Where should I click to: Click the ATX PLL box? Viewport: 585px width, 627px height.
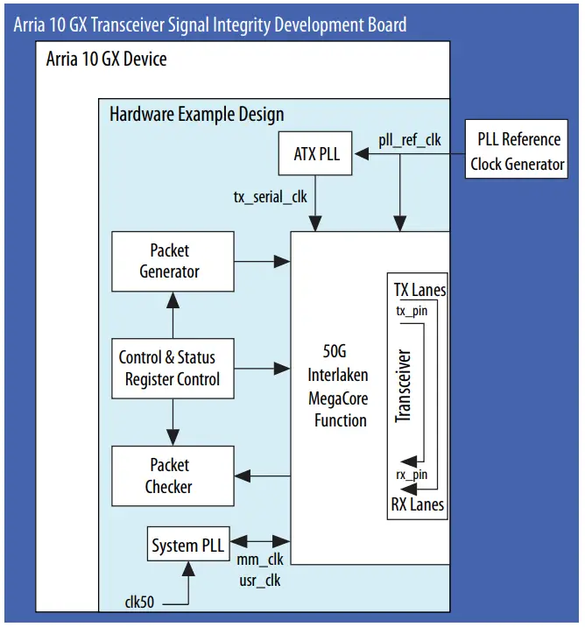316,155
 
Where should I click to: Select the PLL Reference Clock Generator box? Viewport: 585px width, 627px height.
517,151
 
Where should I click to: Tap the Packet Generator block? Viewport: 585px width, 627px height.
173,261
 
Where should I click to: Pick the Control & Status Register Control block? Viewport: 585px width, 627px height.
173,369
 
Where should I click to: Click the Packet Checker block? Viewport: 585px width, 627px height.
173,476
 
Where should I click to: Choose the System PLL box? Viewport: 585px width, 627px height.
187,546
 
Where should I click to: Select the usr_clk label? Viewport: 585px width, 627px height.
259,580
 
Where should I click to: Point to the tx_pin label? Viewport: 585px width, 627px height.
412,311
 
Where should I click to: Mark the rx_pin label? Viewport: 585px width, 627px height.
412,475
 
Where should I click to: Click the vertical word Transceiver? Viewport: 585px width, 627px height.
404,386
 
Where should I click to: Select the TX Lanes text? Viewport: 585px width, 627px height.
419,290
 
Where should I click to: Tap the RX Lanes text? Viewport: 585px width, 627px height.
417,504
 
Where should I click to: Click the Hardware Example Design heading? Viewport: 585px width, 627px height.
196,115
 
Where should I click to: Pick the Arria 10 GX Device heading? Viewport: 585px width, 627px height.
106,60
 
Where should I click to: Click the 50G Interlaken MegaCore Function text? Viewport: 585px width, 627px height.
341,386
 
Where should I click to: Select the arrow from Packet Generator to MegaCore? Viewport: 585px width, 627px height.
263,261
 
